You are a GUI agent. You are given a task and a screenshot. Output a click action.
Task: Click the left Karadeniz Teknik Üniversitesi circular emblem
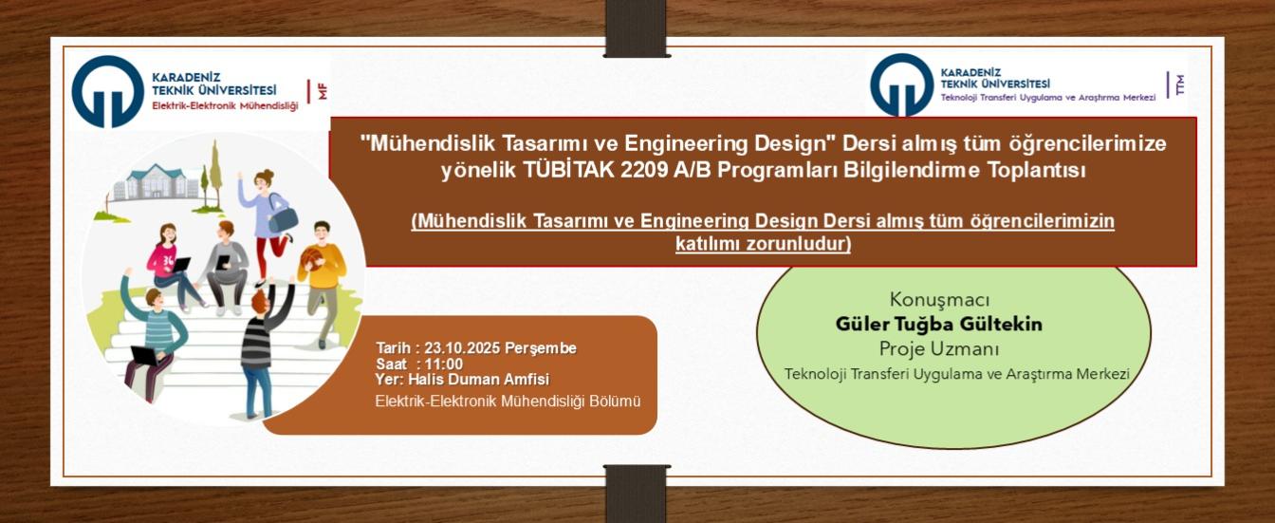click(108, 92)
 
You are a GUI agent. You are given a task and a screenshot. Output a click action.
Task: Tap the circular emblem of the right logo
click(902, 84)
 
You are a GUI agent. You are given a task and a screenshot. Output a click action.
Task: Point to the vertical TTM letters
click(1180, 84)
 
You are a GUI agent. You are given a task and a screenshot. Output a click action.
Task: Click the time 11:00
click(443, 364)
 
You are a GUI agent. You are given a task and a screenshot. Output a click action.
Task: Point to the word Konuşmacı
click(939, 300)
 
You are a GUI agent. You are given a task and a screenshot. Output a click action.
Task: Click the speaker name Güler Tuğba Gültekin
click(938, 325)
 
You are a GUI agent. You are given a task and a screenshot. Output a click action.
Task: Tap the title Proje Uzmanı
click(939, 348)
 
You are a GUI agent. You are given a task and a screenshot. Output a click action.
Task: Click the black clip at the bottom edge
click(637, 493)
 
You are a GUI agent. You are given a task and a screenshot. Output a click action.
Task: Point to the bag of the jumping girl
click(282, 218)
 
